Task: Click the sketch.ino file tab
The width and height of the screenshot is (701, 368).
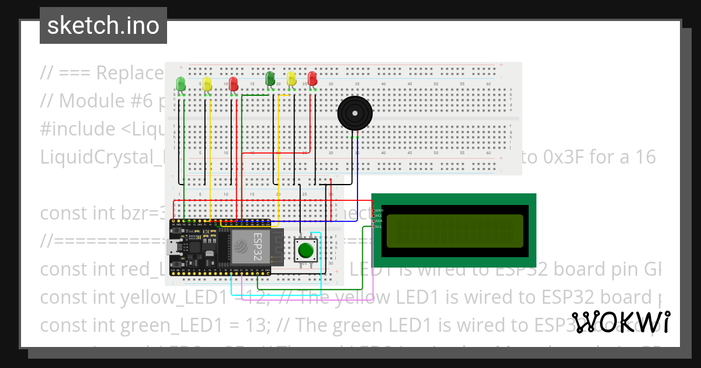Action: (x=103, y=26)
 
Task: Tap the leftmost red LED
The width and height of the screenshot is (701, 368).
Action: (x=234, y=84)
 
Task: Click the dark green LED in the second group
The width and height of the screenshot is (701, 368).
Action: (x=270, y=78)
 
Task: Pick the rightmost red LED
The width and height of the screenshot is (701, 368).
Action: (x=313, y=79)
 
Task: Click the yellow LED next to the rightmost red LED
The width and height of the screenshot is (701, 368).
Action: (x=291, y=79)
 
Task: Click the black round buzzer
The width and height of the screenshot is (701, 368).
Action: (x=355, y=113)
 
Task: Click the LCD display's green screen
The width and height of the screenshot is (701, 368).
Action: (x=454, y=231)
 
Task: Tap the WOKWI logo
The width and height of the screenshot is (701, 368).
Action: (x=620, y=322)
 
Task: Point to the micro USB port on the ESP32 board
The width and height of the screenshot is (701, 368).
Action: (x=173, y=248)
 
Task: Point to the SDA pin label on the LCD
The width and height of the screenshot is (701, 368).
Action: (x=379, y=221)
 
